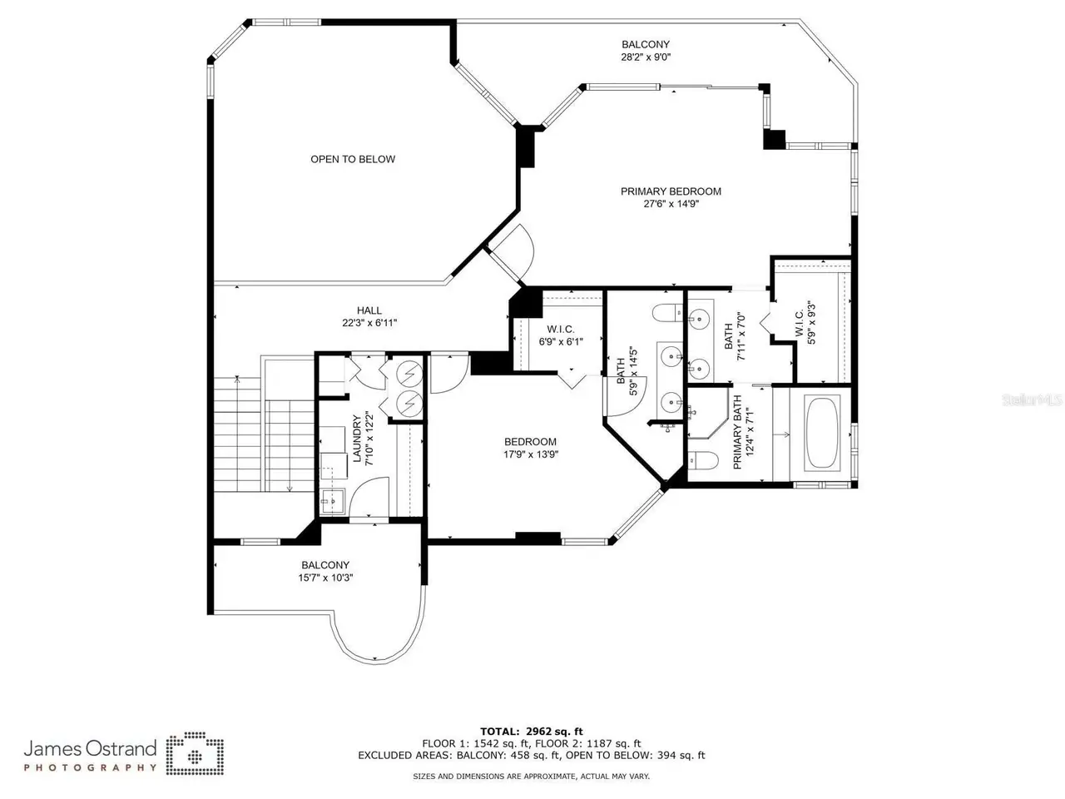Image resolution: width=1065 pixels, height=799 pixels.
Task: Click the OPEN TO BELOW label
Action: point(353,159)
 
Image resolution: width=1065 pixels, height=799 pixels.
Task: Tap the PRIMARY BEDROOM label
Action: point(671,191)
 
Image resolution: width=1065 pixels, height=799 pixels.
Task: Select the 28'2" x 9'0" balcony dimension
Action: point(646,57)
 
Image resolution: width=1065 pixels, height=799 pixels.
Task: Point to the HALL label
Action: point(369,310)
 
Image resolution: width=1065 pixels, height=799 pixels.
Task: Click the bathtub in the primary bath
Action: point(822,434)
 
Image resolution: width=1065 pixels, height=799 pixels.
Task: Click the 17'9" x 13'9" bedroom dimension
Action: point(531,454)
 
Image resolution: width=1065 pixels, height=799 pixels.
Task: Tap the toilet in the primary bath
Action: point(702,460)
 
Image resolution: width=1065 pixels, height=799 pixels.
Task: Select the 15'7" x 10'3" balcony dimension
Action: point(325,578)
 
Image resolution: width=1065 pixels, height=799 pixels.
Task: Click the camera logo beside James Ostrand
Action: point(195,753)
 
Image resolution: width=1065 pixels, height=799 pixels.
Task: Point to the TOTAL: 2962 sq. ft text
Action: point(532,731)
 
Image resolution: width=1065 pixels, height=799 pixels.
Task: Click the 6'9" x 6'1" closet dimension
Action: point(561,341)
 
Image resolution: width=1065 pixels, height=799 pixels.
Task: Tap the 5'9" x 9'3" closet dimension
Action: point(811,324)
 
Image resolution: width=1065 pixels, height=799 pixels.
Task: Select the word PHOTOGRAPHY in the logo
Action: point(91,767)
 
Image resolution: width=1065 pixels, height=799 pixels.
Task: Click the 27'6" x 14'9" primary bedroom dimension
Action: point(671,204)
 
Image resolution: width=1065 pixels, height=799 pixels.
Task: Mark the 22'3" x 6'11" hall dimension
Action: point(369,323)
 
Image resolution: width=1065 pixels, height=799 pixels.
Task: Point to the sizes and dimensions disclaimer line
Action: point(532,777)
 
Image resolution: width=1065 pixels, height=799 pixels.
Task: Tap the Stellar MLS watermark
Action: point(1032,400)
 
